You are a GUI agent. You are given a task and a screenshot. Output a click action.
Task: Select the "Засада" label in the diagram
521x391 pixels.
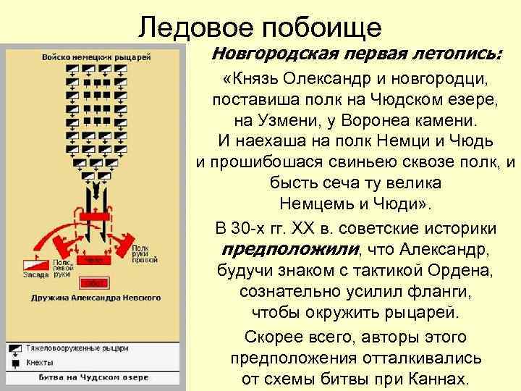click(x=35, y=274)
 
